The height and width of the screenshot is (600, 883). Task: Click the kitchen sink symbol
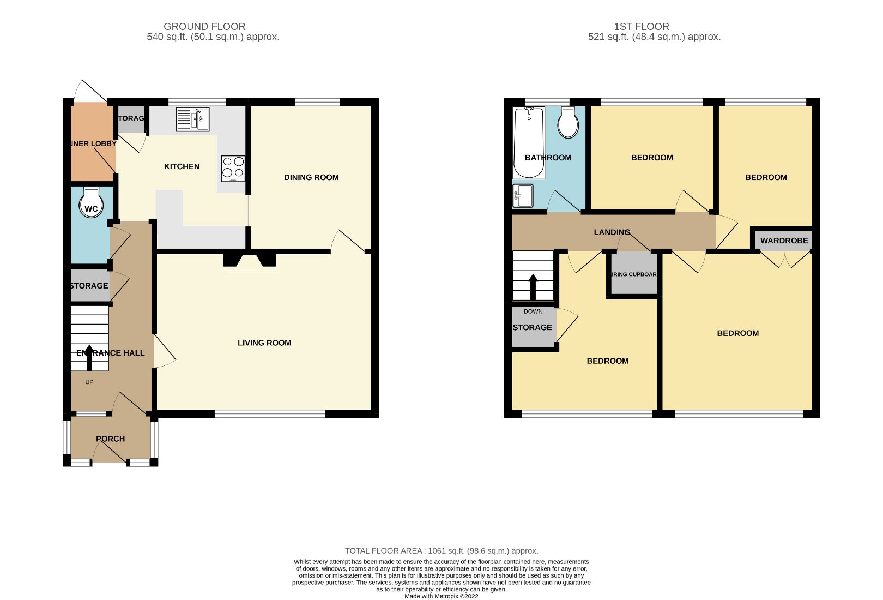(x=192, y=119)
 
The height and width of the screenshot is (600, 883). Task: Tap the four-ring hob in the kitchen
(x=233, y=169)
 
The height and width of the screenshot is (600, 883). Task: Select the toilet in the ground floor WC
(x=91, y=202)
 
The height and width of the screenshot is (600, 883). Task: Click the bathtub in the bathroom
(x=529, y=142)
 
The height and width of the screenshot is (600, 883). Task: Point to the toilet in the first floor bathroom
(x=568, y=123)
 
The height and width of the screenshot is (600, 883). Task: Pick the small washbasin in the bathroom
(x=523, y=196)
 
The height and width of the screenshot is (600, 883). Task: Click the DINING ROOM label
(x=311, y=177)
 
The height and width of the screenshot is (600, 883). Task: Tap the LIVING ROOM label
(x=264, y=343)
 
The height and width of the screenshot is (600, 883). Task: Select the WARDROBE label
(x=784, y=241)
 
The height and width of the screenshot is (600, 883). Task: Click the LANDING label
(x=612, y=232)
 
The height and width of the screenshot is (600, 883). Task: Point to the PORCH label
(x=110, y=439)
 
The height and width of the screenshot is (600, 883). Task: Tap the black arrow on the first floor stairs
(x=533, y=286)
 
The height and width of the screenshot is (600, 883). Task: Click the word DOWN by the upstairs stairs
(x=533, y=311)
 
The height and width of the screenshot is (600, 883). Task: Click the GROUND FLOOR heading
(x=204, y=26)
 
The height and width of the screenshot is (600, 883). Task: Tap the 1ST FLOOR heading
(x=642, y=26)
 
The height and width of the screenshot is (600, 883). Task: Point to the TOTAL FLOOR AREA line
(x=441, y=551)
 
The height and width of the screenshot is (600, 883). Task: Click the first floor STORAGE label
(x=533, y=327)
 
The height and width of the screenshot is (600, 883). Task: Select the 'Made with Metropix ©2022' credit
(x=441, y=596)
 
